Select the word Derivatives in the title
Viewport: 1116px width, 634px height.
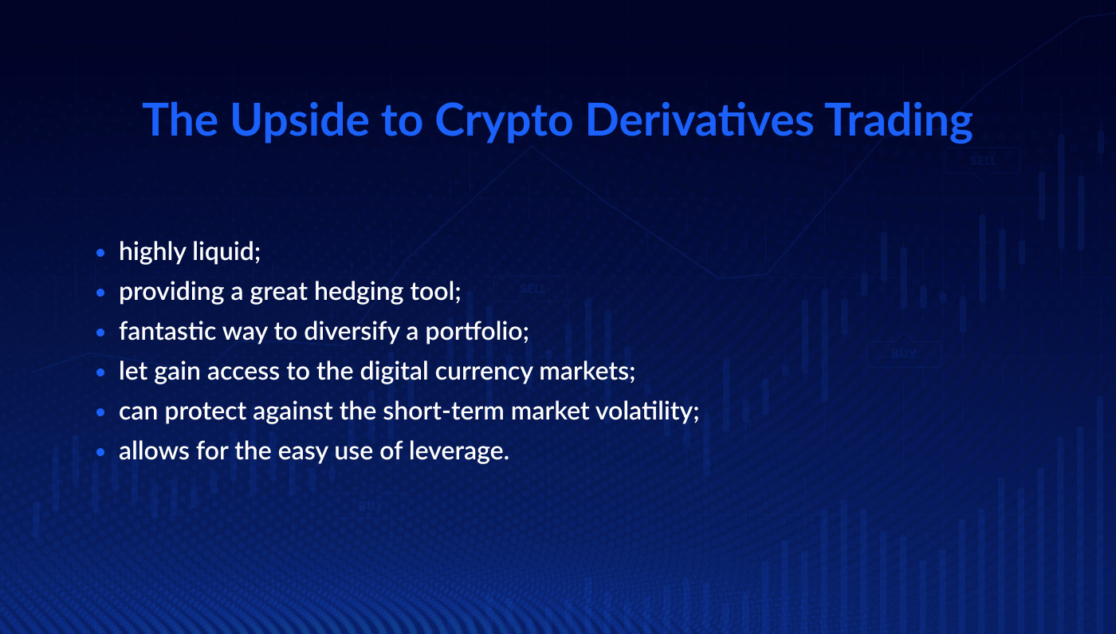coord(699,120)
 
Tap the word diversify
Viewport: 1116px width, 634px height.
coord(352,332)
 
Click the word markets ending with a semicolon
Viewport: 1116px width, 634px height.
coord(589,372)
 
